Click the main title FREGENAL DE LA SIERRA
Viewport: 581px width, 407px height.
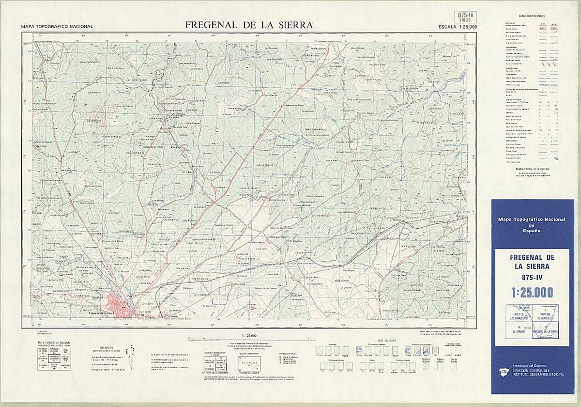pyautogui.click(x=249, y=25)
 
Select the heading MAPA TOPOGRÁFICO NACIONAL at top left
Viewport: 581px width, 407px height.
pyautogui.click(x=57, y=27)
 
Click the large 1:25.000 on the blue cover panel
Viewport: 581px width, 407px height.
pyautogui.click(x=532, y=292)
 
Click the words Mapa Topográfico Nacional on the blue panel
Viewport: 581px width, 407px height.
pyautogui.click(x=532, y=219)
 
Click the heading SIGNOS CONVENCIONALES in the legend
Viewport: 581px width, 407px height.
pyautogui.click(x=532, y=16)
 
